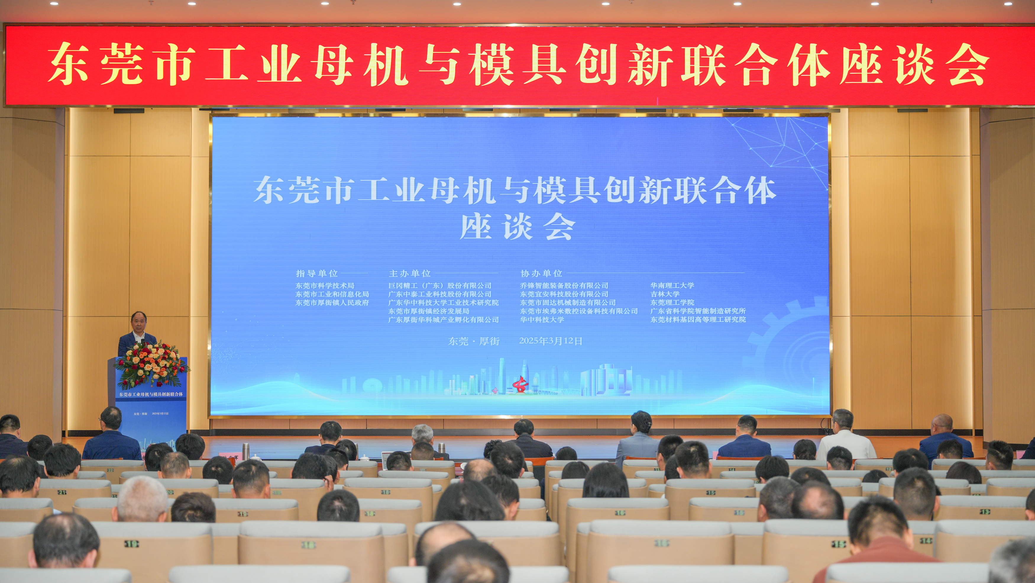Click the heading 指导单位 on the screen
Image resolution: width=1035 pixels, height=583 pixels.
tap(317, 274)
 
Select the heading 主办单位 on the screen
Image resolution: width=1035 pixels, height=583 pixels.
tap(410, 274)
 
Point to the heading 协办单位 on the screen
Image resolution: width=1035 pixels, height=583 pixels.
tap(541, 274)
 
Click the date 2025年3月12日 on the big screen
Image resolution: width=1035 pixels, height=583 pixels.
tap(550, 341)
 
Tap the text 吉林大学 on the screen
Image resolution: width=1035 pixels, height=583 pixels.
tap(665, 294)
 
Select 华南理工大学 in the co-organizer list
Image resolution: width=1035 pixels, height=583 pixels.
tap(672, 286)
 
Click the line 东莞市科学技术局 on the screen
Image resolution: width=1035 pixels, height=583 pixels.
tap(325, 286)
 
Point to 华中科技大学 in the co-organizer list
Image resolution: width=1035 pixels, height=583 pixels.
tap(542, 320)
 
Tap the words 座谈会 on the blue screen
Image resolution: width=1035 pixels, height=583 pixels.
tap(517, 228)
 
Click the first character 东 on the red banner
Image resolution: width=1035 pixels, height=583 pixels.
tap(68, 64)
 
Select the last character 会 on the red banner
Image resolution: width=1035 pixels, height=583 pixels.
tap(968, 64)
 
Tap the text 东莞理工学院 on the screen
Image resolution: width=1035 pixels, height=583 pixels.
tap(672, 302)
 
